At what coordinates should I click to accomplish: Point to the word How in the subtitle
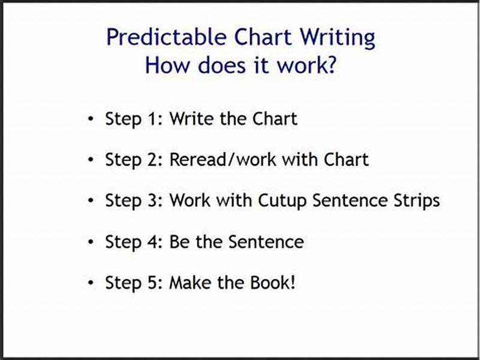pos(165,65)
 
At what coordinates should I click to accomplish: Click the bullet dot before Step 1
pos(91,119)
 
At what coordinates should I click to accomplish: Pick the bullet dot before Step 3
pos(91,201)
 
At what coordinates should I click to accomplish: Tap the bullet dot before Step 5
pos(91,283)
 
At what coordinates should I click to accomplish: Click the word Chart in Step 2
pos(346,160)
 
